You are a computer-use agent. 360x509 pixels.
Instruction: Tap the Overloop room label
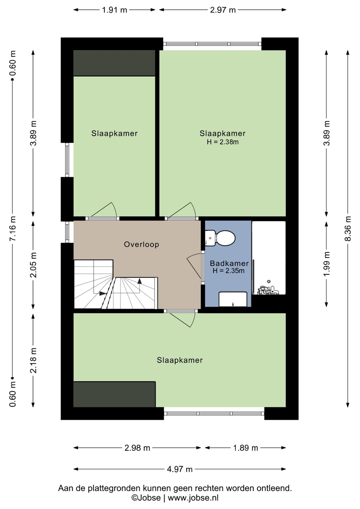click(x=141, y=245)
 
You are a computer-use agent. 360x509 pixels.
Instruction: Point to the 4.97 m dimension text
click(x=180, y=469)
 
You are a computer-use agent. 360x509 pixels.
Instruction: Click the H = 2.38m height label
click(x=222, y=142)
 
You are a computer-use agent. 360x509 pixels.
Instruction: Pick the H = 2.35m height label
click(x=228, y=271)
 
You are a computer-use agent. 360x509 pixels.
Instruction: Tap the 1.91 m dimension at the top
click(x=114, y=10)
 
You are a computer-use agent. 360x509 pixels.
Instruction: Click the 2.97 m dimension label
click(x=223, y=10)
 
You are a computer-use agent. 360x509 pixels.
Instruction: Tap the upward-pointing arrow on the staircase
click(x=140, y=281)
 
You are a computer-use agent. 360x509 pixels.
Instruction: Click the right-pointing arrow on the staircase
click(x=103, y=293)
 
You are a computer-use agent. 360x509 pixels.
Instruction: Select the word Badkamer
click(x=229, y=264)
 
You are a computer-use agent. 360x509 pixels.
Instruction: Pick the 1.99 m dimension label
click(x=327, y=264)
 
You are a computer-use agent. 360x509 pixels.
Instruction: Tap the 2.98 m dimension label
click(x=137, y=448)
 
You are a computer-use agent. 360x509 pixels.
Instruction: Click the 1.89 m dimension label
click(x=245, y=448)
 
